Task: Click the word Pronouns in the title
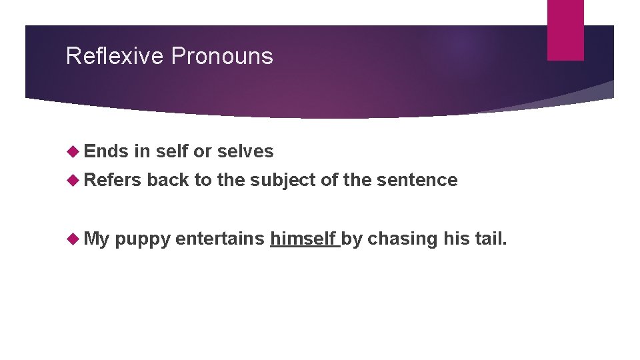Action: (x=222, y=56)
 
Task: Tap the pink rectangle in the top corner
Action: (x=565, y=30)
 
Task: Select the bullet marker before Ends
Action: (x=73, y=152)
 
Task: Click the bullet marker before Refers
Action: (x=73, y=180)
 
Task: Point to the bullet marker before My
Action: (x=73, y=239)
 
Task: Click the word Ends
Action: (x=106, y=151)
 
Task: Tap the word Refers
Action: (x=113, y=179)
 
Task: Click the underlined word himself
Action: (x=303, y=238)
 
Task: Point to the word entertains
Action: (x=220, y=238)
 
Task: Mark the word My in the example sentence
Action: (x=97, y=238)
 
